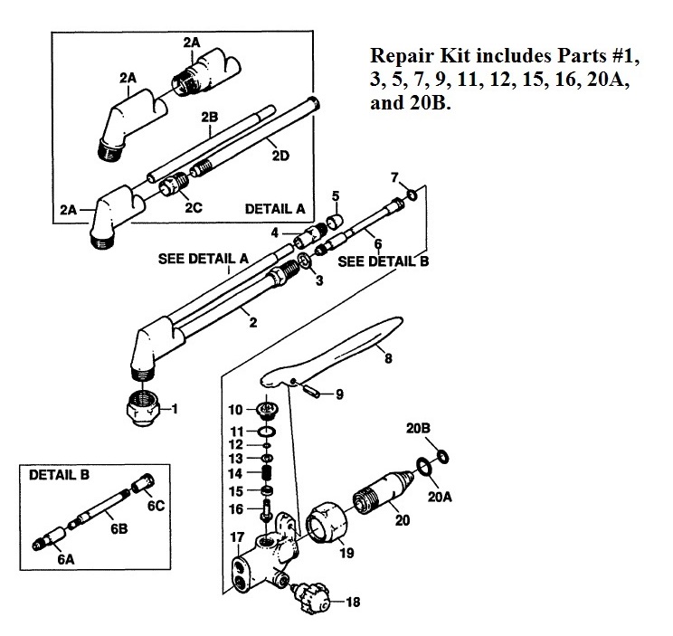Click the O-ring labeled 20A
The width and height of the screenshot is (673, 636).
tap(422, 468)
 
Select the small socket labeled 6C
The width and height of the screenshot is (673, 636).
tap(142, 486)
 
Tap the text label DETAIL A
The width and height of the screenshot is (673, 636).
tap(275, 208)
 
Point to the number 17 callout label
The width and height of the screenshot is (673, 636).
tap(236, 537)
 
